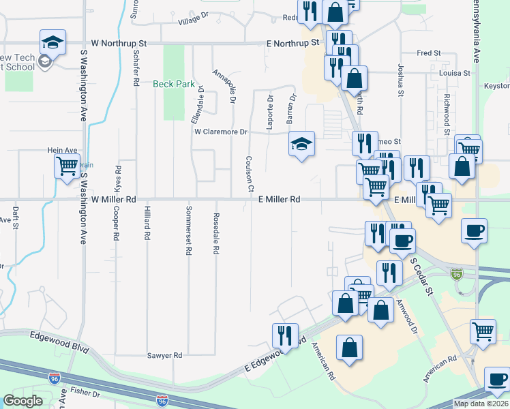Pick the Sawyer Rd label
165,356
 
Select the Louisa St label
455,72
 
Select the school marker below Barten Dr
301,145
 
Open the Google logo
22,400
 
